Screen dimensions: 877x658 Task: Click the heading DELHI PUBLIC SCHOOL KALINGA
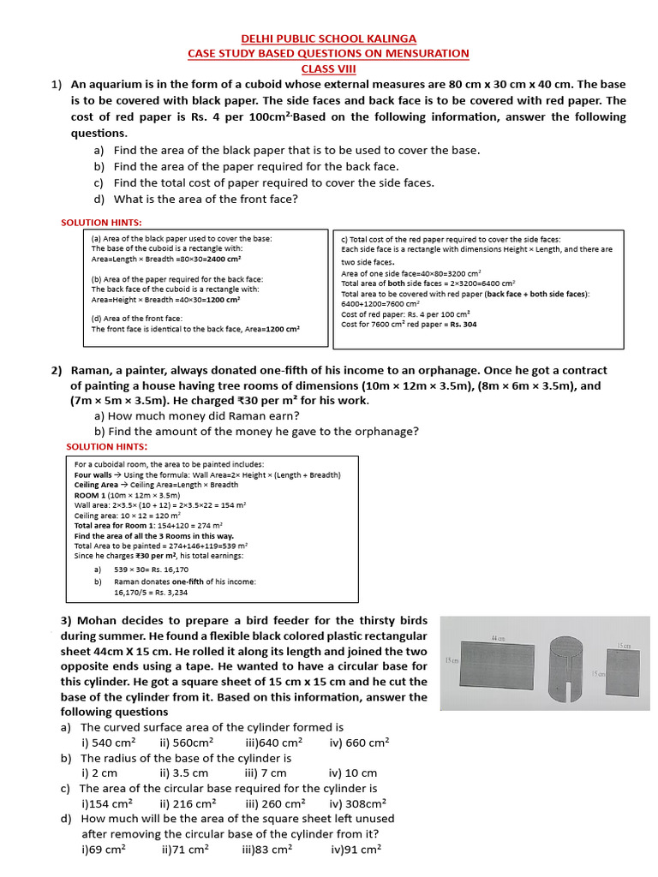click(x=329, y=39)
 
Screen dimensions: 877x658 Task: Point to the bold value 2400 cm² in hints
click(x=224, y=259)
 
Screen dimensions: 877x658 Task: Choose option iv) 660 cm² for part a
click(x=359, y=743)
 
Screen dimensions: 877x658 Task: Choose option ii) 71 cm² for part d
click(x=184, y=850)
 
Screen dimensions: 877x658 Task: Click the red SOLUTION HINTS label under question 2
click(x=106, y=446)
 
